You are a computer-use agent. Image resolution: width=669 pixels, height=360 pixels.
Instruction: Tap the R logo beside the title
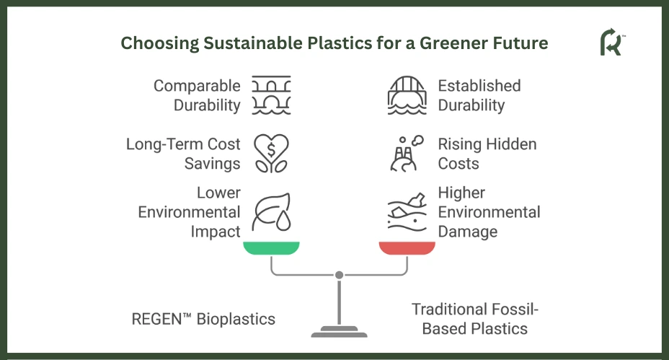pyautogui.click(x=611, y=42)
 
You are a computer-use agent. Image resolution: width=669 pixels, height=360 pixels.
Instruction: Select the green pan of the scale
pyautogui.click(x=271, y=248)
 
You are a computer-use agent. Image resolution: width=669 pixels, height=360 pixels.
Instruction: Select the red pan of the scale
pyautogui.click(x=407, y=248)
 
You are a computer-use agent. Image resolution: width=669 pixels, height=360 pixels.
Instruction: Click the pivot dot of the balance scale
pyautogui.click(x=340, y=275)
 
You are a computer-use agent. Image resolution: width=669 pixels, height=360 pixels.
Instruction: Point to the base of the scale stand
pyautogui.click(x=340, y=332)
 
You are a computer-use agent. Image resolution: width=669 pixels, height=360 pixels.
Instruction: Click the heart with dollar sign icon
pyautogui.click(x=271, y=154)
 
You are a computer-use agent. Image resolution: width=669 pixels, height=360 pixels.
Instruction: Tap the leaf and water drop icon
pyautogui.click(x=271, y=212)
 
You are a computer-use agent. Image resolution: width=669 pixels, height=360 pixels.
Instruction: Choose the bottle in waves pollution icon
pyautogui.click(x=407, y=212)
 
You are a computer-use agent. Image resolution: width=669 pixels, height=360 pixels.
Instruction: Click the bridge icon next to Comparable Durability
pyautogui.click(x=271, y=95)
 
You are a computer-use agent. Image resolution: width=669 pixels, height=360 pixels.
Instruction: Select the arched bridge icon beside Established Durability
pyautogui.click(x=407, y=95)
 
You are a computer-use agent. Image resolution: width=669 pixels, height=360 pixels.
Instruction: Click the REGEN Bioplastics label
pyautogui.click(x=203, y=319)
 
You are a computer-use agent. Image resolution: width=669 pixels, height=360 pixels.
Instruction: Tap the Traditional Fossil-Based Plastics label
pyautogui.click(x=475, y=319)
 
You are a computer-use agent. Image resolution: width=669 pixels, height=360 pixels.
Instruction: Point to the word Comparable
pyautogui.click(x=197, y=87)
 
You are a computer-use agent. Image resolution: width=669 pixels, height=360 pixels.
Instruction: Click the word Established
pyautogui.click(x=479, y=86)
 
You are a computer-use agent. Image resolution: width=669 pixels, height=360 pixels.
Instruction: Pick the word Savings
pyautogui.click(x=213, y=164)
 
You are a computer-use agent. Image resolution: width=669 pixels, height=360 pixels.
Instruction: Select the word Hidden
pyautogui.click(x=512, y=144)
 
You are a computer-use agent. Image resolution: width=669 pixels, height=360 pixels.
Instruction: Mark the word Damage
pyautogui.click(x=468, y=232)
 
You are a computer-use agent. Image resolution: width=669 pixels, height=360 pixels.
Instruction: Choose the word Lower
pyautogui.click(x=219, y=193)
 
